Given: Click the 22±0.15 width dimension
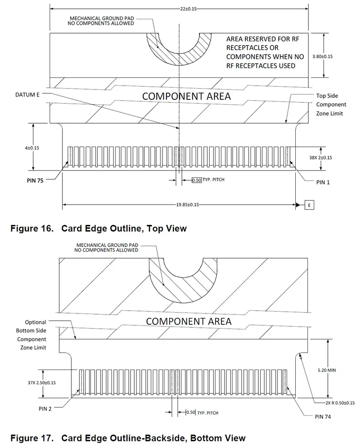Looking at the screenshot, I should pos(180,9).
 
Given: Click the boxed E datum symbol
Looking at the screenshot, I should pos(309,205).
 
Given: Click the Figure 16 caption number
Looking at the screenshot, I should pos(32,228).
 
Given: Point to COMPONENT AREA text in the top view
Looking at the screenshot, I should pos(186,96).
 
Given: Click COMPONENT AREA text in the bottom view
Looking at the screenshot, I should pos(189,321).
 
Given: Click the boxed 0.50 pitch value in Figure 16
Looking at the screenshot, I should pos(197,180).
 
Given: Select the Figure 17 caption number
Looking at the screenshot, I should pos(32,438).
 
